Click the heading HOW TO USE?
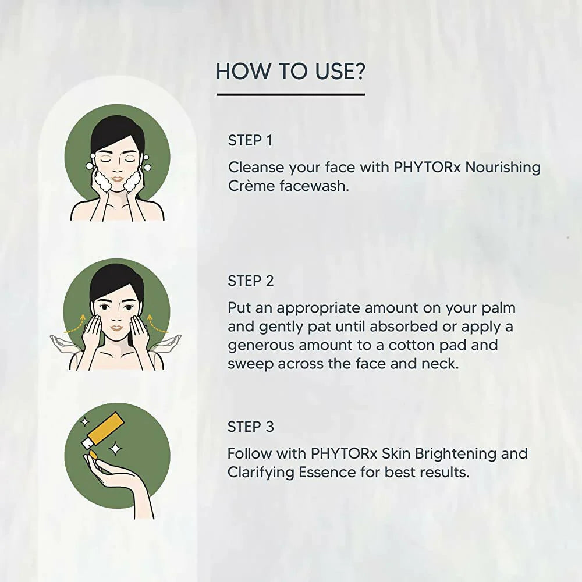[290, 71]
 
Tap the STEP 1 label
[250, 140]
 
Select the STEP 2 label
[251, 281]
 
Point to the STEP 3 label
[251, 427]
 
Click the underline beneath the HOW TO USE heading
[290, 94]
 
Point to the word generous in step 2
[261, 345]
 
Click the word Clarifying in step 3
[261, 472]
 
